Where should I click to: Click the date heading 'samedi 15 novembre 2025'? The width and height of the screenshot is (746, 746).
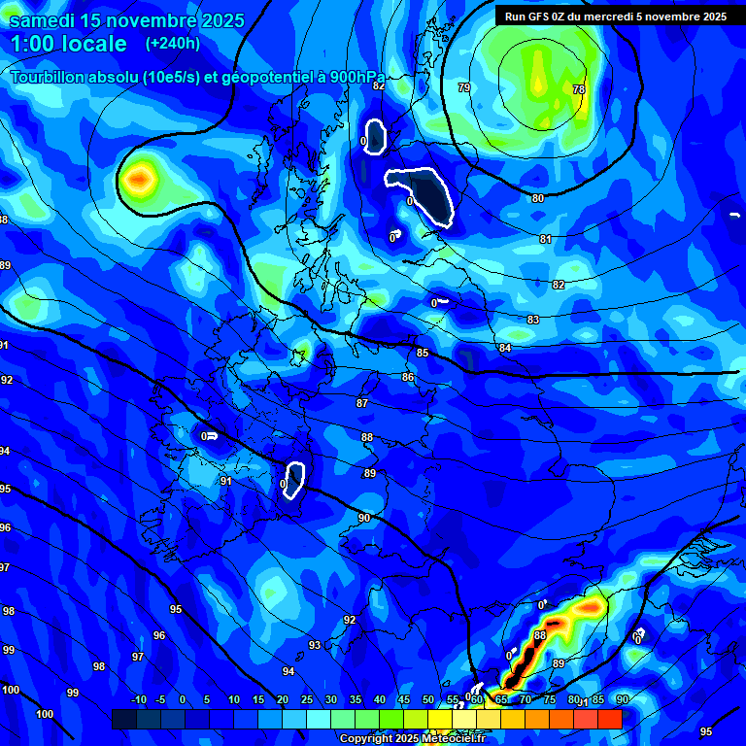click(126, 19)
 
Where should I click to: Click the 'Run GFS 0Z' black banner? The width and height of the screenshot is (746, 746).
click(615, 17)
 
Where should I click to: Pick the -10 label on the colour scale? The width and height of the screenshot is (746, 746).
click(138, 700)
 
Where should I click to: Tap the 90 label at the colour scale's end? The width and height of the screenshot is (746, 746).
click(622, 700)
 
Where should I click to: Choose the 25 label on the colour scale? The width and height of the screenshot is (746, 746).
click(307, 700)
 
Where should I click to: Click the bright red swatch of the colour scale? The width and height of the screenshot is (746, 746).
click(610, 719)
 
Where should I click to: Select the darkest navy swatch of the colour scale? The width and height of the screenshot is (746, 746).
click(124, 719)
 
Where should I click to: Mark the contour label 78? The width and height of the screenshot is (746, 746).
click(579, 89)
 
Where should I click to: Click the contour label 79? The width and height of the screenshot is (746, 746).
click(464, 88)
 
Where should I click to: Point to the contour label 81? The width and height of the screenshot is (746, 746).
click(545, 239)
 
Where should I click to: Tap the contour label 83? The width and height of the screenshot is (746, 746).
click(532, 320)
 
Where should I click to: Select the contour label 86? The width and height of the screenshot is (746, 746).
click(408, 377)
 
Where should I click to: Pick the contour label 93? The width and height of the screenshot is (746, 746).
click(315, 645)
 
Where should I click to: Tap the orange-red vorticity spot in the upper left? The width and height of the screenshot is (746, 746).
click(140, 178)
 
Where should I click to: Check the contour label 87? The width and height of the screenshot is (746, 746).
click(362, 403)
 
